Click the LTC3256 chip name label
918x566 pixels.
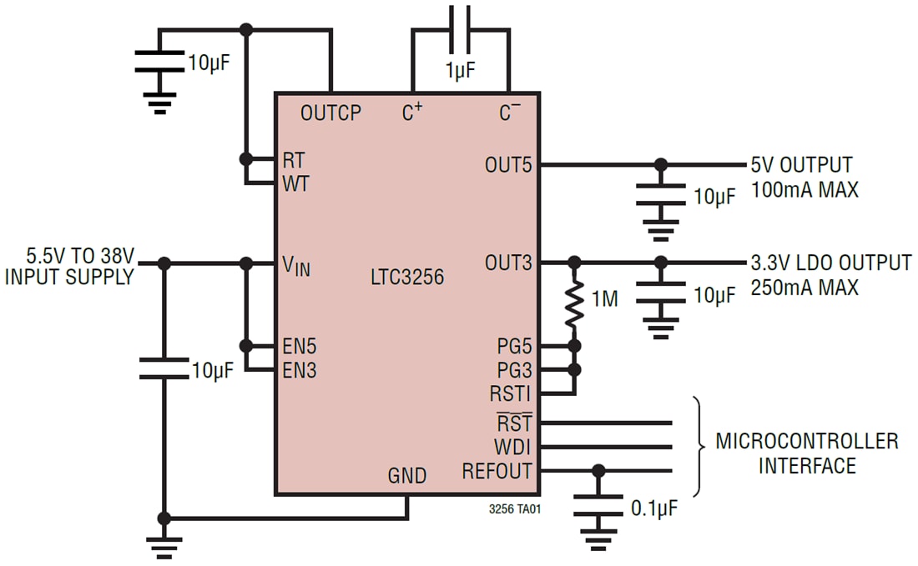click(407, 277)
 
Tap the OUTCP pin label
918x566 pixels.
click(330, 113)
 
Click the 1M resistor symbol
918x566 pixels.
click(575, 304)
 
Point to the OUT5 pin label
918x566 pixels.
click(507, 165)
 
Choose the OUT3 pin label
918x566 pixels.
click(507, 263)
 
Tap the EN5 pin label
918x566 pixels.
click(299, 346)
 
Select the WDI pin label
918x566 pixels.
click(512, 447)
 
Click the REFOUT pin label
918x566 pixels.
click(497, 471)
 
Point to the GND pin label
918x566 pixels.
click(407, 476)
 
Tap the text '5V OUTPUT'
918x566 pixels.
click(802, 165)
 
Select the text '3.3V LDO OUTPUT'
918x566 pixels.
click(831, 263)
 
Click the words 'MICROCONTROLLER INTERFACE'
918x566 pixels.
click(806, 453)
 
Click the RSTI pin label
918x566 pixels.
click(511, 393)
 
